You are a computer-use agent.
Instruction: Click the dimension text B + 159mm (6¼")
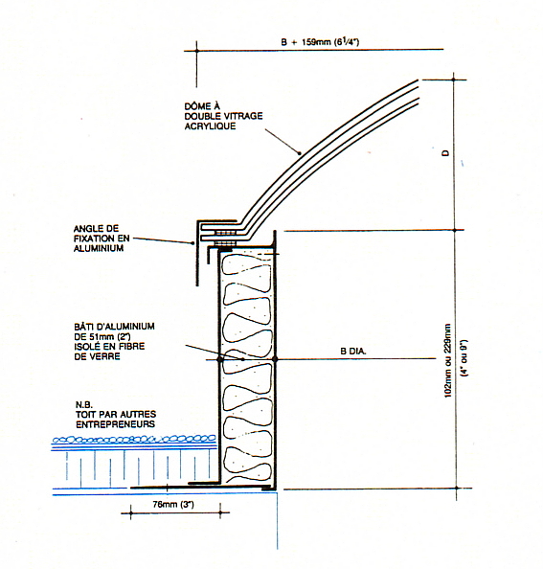[320, 42]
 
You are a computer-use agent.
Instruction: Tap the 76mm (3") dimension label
[173, 505]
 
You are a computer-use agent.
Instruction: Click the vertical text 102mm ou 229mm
[448, 360]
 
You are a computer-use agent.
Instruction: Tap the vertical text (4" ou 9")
[464, 358]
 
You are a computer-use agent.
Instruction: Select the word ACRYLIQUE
[210, 126]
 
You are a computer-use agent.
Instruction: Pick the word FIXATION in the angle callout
[94, 239]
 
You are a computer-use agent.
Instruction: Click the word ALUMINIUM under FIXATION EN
[99, 248]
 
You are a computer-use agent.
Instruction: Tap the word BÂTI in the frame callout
[83, 327]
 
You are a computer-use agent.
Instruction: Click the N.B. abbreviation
[83, 404]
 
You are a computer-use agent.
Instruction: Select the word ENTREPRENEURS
[115, 424]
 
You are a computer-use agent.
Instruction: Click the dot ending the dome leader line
[300, 153]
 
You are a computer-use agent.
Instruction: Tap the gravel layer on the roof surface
[134, 440]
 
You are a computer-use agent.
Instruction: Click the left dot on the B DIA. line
[219, 359]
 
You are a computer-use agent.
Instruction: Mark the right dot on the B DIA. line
[275, 359]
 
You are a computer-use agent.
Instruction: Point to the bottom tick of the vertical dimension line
[456, 489]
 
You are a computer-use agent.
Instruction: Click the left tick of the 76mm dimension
[130, 512]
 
